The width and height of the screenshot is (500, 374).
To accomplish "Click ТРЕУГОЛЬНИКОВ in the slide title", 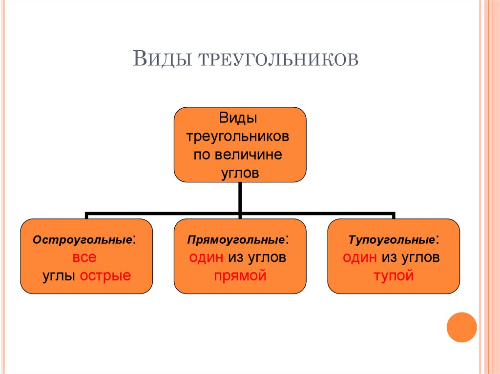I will pyautogui.click(x=278, y=59).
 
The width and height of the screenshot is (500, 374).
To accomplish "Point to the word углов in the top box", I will pyautogui.click(x=240, y=173).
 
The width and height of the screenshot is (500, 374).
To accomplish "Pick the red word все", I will pyautogui.click(x=85, y=257).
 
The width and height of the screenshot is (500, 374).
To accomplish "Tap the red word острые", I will pyautogui.click(x=105, y=276).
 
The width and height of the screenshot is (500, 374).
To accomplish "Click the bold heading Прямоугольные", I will pyautogui.click(x=237, y=240).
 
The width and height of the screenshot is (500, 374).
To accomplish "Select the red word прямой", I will pyautogui.click(x=240, y=276).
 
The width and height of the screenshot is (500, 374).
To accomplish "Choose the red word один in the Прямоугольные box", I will pyautogui.click(x=207, y=257).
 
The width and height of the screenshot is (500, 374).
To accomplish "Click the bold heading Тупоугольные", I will pyautogui.click(x=391, y=240).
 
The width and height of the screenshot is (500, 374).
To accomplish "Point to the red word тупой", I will pyautogui.click(x=394, y=276).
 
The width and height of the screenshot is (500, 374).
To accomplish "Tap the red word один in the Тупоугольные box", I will pyautogui.click(x=360, y=257).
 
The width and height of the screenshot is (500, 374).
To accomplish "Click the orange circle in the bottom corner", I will pyautogui.click(x=461, y=327).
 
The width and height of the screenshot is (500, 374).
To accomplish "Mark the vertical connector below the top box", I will pyautogui.click(x=240, y=197).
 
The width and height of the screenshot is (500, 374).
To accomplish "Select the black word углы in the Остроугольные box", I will pyautogui.click(x=58, y=276).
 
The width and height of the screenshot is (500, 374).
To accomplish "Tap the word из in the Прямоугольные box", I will pyautogui.click(x=235, y=257).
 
